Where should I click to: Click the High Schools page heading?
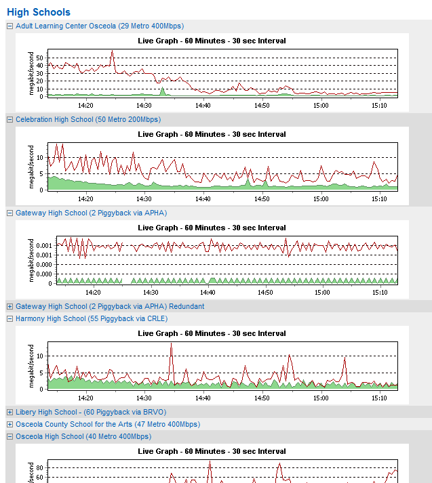pyautogui.click(x=39, y=12)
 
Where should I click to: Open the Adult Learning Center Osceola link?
pyautogui.click(x=100, y=26)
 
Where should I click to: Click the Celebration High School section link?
pyautogui.click(x=88, y=120)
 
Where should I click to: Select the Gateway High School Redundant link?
pyautogui.click(x=110, y=307)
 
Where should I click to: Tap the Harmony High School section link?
pyautogui.click(x=92, y=319)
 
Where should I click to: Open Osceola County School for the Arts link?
pyautogui.click(x=108, y=425)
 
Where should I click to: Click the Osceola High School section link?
pyautogui.click(x=83, y=437)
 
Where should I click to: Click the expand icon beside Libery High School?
pyautogui.click(x=9, y=413)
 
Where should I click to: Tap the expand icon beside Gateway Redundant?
pyautogui.click(x=9, y=307)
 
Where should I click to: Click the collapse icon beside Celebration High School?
pyautogui.click(x=9, y=120)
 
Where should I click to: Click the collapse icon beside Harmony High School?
pyautogui.click(x=9, y=319)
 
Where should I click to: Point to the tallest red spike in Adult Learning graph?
pyautogui.click(x=112, y=51)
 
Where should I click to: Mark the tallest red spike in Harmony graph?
pyautogui.click(x=171, y=343)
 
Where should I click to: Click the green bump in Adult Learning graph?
pyautogui.click(x=162, y=91)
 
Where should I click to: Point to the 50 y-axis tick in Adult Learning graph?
pyautogui.click(x=40, y=58)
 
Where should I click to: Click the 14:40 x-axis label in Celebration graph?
pyautogui.click(x=203, y=199)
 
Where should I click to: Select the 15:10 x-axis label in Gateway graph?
pyautogui.click(x=379, y=293)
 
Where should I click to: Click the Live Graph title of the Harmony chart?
pyautogui.click(x=212, y=333)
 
